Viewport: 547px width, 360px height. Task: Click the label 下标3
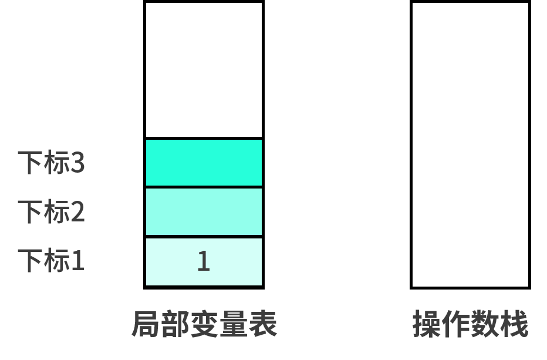[x=51, y=162]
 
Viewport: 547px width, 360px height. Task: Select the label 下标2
[x=51, y=211]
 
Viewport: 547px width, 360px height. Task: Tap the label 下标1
[x=51, y=261]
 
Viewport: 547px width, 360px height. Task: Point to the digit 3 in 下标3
[x=77, y=163]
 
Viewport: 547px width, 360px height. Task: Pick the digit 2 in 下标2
[x=77, y=211]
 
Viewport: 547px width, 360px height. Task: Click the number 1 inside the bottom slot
[x=204, y=261]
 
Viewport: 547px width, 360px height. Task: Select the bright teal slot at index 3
[x=204, y=163]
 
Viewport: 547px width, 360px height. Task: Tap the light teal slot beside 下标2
[x=204, y=212]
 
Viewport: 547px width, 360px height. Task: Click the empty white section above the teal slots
[x=204, y=70]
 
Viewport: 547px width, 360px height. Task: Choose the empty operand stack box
[x=470, y=145]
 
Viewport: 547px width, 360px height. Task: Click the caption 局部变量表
[x=204, y=324]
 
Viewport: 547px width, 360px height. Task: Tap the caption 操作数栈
[x=470, y=324]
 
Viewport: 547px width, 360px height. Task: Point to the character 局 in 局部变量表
[x=146, y=324]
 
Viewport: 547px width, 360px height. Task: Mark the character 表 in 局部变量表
[x=263, y=324]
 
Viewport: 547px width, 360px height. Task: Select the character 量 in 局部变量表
[x=234, y=324]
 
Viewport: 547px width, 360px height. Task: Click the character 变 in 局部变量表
[x=204, y=324]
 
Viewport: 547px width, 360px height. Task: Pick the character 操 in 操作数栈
[x=427, y=324]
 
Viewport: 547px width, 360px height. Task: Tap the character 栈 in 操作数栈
[x=514, y=324]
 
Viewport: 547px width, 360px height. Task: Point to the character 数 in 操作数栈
[x=485, y=324]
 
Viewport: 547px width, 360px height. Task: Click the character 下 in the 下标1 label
[x=31, y=261]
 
